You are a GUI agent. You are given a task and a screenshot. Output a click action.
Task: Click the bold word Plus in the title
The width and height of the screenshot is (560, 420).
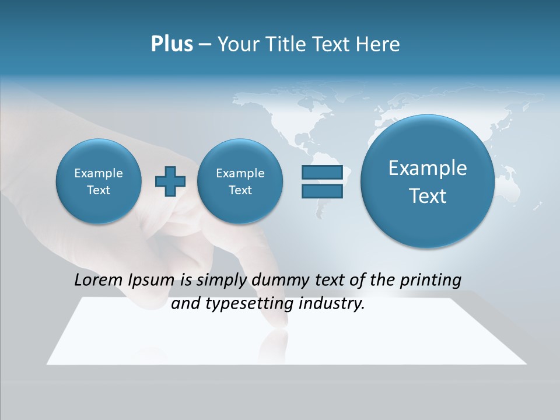(171, 44)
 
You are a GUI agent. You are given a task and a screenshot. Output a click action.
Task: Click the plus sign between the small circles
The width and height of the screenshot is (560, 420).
(170, 181)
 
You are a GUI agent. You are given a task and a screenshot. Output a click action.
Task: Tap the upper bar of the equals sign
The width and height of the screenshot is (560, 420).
(322, 173)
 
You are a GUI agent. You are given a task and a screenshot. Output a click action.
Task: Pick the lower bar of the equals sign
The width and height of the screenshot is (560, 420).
(322, 191)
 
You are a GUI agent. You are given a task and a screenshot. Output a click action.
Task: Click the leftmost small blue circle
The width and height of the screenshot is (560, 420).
(98, 181)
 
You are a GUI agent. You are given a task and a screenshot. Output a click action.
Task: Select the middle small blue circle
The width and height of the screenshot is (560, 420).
(240, 181)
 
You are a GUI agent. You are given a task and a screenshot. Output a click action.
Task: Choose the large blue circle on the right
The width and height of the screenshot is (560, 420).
(428, 181)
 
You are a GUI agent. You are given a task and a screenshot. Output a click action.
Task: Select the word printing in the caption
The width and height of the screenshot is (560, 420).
(432, 281)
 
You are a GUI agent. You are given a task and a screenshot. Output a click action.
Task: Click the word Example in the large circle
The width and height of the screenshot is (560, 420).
(428, 168)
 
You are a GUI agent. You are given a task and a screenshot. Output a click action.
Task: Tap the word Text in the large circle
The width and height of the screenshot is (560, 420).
(428, 196)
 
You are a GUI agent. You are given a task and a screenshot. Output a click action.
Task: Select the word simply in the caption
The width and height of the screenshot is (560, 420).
(222, 281)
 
